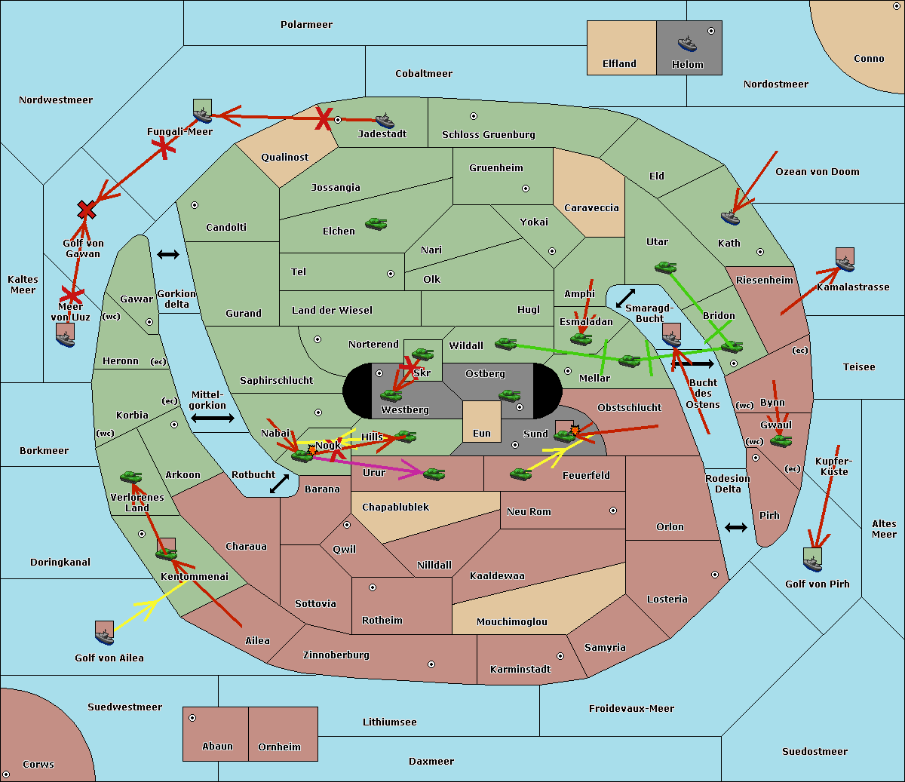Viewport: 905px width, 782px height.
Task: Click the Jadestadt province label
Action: pos(382,134)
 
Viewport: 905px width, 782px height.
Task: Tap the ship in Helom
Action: pos(687,44)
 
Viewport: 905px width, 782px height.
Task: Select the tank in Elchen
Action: pos(376,224)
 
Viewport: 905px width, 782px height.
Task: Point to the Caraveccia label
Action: pos(591,208)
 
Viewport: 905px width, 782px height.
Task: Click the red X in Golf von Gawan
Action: pos(87,210)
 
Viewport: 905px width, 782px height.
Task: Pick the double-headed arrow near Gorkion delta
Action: pos(168,255)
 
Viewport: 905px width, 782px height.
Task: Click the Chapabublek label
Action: pos(395,508)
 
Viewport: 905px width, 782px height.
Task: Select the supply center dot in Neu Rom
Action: pos(613,511)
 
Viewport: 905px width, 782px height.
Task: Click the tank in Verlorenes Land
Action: pos(131,477)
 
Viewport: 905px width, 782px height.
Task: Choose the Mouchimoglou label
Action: pos(512,622)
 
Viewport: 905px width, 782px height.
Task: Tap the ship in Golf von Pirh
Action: pos(812,564)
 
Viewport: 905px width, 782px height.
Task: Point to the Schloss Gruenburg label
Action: pos(489,135)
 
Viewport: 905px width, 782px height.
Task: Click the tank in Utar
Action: pos(665,268)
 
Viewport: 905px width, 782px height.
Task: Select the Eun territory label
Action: pos(482,434)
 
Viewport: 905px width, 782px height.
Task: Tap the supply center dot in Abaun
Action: pos(192,718)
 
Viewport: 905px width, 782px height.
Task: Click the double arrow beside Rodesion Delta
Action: pos(736,527)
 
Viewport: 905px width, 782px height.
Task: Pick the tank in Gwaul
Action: pos(781,440)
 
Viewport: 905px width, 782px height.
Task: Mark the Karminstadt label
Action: pos(520,670)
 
